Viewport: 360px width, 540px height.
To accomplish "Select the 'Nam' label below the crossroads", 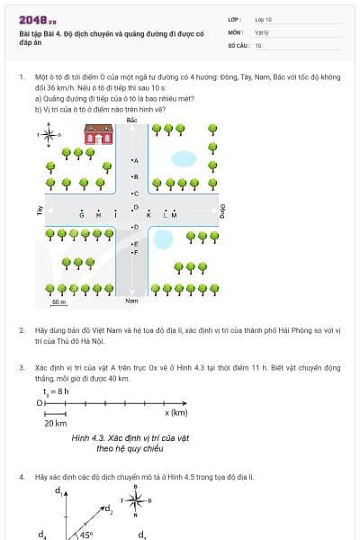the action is tap(131, 301).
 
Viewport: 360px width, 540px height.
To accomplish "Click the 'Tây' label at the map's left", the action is tap(40, 211).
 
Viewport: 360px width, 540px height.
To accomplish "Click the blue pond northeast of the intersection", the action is tap(184, 159).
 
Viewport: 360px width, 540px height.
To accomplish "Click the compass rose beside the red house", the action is tap(48, 136).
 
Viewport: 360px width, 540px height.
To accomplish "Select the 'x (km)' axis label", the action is tap(175, 412).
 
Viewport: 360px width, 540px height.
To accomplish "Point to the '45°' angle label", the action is tap(86, 534).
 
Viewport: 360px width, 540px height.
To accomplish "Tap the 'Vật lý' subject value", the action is tap(263, 31).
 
